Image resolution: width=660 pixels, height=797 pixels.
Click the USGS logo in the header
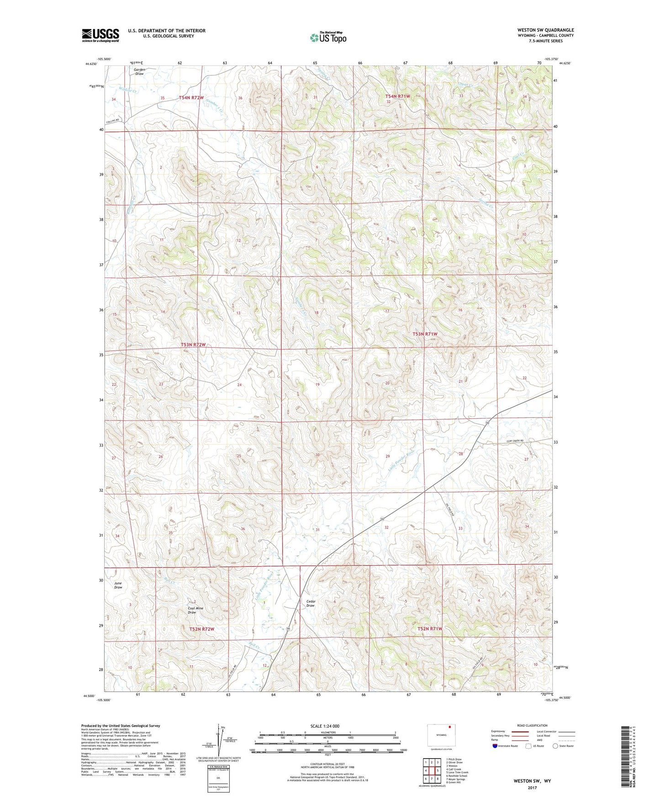click(x=100, y=35)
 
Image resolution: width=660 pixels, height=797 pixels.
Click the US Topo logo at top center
click(x=327, y=37)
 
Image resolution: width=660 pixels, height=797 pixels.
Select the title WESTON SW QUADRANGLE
click(x=545, y=30)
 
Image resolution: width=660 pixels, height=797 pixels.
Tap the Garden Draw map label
click(x=139, y=72)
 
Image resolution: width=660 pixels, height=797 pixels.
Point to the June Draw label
click(x=118, y=585)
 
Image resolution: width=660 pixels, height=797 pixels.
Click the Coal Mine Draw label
click(x=195, y=610)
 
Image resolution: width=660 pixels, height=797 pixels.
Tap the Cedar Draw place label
click(x=311, y=603)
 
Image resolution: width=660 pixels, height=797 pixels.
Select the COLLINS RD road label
click(x=112, y=121)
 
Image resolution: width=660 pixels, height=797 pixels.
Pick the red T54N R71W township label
click(x=397, y=96)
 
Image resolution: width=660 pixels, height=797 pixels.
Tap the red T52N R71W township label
click(x=430, y=629)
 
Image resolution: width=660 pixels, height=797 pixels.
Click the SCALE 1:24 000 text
click(x=325, y=726)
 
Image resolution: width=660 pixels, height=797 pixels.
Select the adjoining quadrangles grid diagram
click(x=432, y=770)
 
